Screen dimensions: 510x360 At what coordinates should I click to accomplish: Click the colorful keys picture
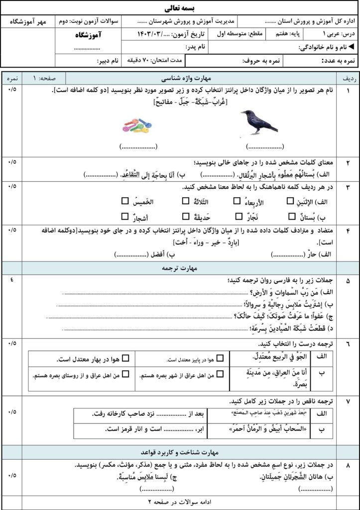pyautogui.click(x=137, y=126)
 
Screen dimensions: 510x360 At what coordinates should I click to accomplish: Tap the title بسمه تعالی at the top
pyautogui.click(x=180, y=8)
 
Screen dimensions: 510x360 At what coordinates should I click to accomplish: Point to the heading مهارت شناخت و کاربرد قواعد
pyautogui.click(x=180, y=452)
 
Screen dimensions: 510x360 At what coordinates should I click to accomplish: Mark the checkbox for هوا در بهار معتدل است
pyautogui.click(x=125, y=358)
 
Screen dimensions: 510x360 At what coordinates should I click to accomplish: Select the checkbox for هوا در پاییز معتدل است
pyautogui.click(x=220, y=358)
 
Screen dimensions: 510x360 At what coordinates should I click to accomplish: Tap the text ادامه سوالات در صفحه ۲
pyautogui.click(x=180, y=502)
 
